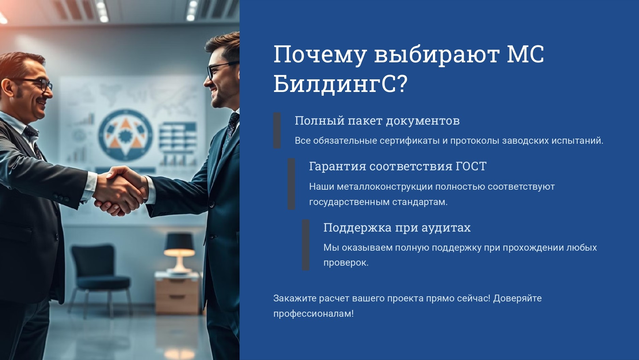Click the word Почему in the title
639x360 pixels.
(320, 54)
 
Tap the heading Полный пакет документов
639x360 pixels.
(377, 121)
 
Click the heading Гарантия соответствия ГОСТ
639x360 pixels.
(398, 166)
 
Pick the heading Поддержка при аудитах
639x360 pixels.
(397, 228)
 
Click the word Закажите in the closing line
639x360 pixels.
(295, 298)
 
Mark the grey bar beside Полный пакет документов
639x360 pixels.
(277, 130)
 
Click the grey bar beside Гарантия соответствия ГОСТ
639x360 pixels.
(291, 184)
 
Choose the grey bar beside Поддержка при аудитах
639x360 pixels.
(306, 245)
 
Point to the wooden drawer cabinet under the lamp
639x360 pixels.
(177, 293)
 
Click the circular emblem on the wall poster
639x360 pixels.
(126, 135)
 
